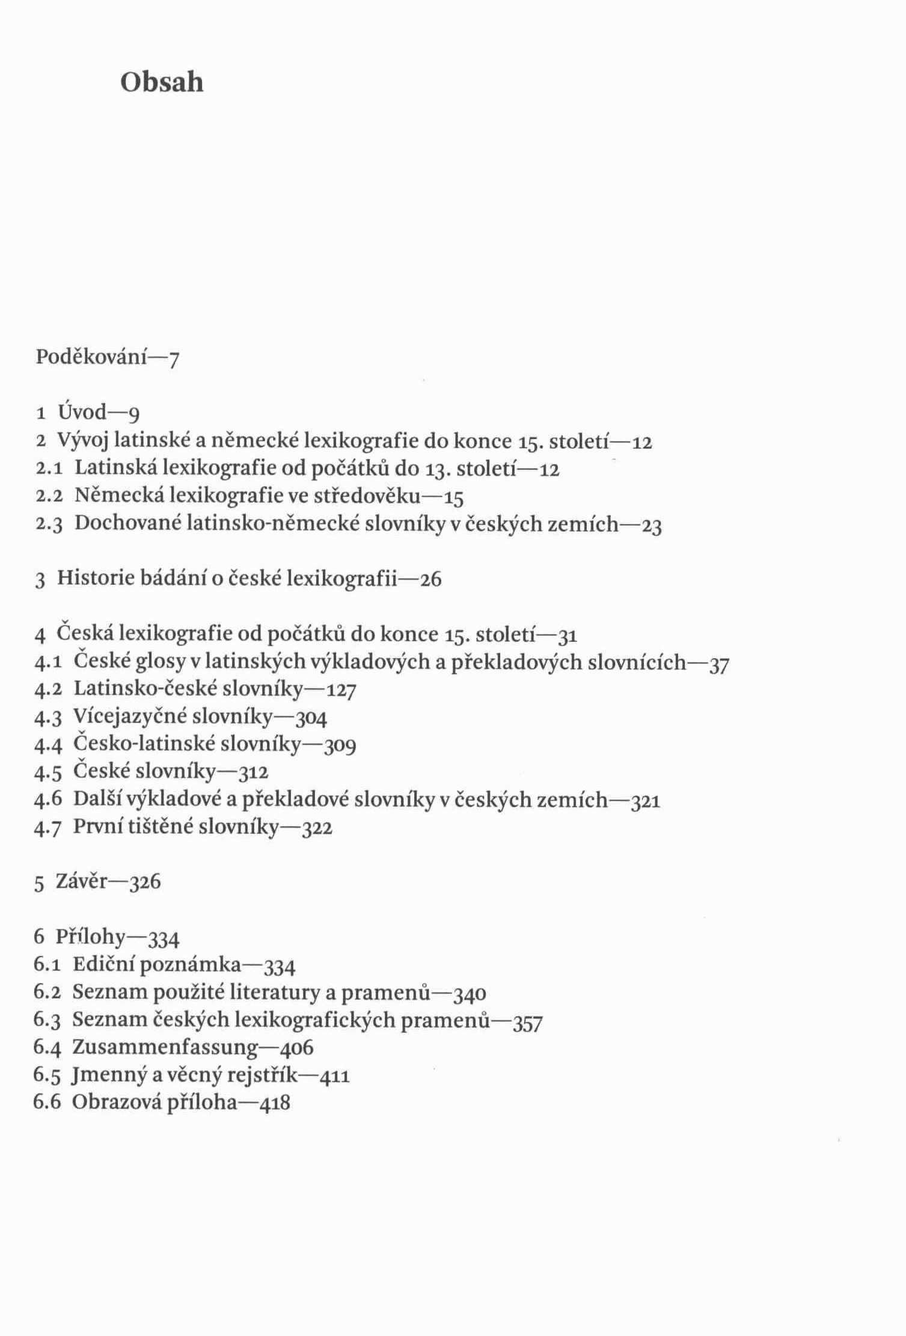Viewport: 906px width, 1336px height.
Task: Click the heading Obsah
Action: (x=162, y=82)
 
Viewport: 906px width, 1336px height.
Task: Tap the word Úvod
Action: (x=82, y=412)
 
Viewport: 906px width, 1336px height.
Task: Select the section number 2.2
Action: (x=49, y=496)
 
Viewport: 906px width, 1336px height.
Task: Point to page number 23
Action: (x=652, y=526)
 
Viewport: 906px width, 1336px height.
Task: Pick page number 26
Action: (x=430, y=580)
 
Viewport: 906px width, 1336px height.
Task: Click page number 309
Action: (x=340, y=746)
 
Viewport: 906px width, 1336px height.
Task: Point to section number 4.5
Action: (x=48, y=772)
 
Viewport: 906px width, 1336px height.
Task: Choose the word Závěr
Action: (x=82, y=882)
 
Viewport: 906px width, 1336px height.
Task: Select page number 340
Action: (x=470, y=994)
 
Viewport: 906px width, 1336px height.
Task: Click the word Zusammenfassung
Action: (x=165, y=1047)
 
